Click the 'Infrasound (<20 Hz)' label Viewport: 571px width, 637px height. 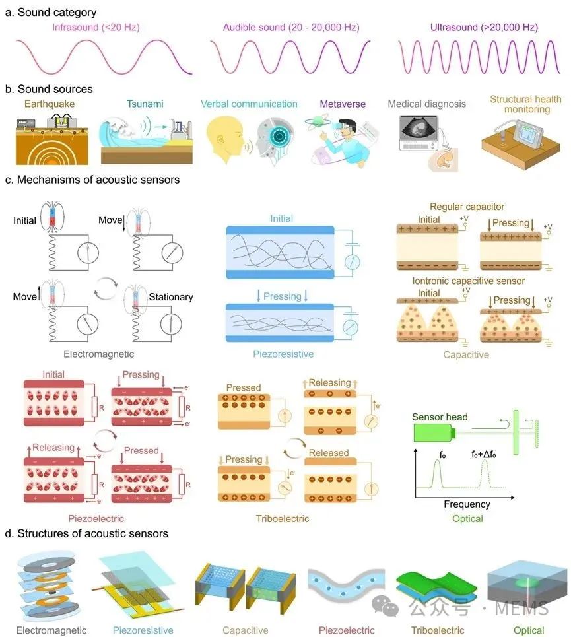[96, 28]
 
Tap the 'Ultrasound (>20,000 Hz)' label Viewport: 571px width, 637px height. [484, 28]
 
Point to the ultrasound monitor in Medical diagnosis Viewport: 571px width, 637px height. [419, 133]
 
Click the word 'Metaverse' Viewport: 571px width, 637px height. [343, 104]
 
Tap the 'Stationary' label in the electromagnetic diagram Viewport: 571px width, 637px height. [170, 297]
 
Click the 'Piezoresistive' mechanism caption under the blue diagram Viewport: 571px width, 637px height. [283, 354]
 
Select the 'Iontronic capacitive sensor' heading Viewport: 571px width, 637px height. [468, 281]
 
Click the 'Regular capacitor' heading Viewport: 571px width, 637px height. [467, 207]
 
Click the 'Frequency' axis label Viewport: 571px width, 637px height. [467, 504]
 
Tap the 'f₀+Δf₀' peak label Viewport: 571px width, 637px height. [483, 454]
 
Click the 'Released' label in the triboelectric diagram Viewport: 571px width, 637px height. [329, 453]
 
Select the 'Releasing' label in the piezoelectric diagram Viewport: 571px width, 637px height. [53, 448]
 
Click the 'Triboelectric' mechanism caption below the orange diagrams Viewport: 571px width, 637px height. [283, 518]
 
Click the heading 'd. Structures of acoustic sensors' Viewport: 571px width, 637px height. [86, 533]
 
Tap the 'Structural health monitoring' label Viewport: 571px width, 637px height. [526, 104]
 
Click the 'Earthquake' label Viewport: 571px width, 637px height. [50, 104]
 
